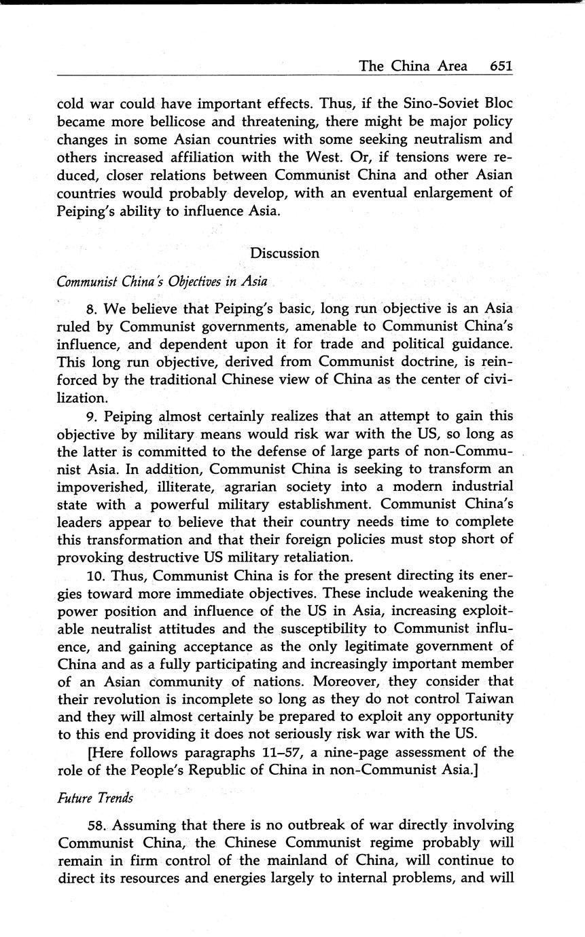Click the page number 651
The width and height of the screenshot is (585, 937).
tap(499, 66)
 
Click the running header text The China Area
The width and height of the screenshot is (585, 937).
tap(413, 66)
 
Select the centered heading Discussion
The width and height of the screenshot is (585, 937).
tap(285, 253)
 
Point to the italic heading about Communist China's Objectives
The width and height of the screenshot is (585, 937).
tap(162, 281)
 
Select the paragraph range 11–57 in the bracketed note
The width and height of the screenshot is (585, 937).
tap(278, 752)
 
